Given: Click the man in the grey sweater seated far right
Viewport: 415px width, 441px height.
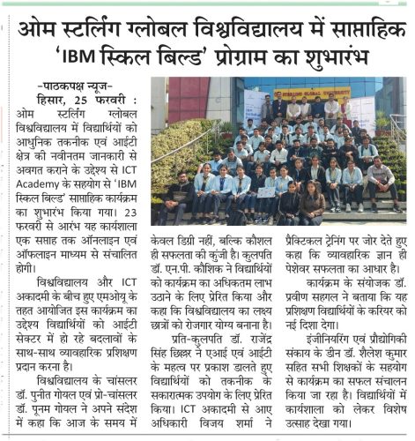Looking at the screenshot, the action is tap(382, 183).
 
